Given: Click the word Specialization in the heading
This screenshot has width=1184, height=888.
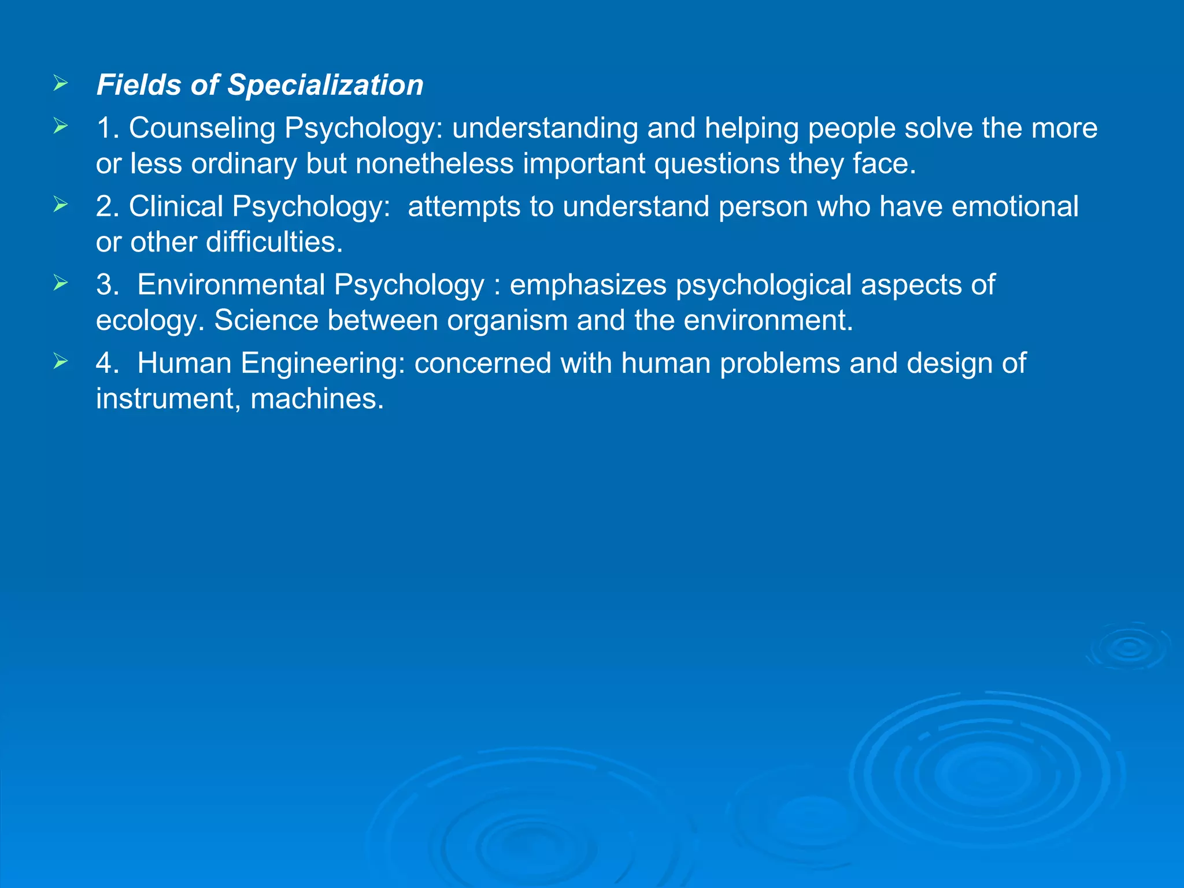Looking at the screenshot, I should click(x=325, y=85).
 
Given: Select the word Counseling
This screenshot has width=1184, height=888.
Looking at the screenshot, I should click(x=202, y=128).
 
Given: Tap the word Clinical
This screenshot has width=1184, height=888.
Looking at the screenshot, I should click(x=176, y=206).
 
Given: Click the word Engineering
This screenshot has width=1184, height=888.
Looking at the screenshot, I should click(x=323, y=364).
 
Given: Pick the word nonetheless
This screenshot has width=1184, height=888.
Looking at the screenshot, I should click(x=434, y=164).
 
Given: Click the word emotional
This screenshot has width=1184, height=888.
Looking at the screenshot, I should click(x=1015, y=206).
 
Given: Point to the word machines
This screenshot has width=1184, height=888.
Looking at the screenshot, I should click(x=317, y=399).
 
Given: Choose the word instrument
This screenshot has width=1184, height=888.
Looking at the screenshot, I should click(x=168, y=399).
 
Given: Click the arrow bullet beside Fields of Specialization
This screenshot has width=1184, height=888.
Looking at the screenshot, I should click(x=61, y=84).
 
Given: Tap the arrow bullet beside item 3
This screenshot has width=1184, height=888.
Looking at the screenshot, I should click(x=61, y=283).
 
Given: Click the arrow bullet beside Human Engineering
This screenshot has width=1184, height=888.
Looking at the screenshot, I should click(x=61, y=361).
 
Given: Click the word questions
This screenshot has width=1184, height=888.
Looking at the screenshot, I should click(x=716, y=164).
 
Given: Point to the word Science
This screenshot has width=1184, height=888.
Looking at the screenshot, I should click(x=266, y=320).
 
